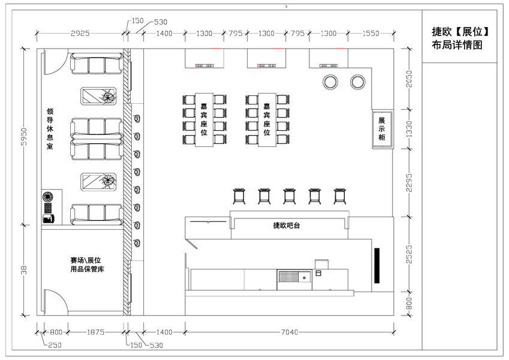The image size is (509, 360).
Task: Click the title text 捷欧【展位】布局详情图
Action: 460,38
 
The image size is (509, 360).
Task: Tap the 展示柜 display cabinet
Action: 382,130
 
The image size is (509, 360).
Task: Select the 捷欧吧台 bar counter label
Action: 287,225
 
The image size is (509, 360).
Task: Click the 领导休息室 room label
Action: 50,128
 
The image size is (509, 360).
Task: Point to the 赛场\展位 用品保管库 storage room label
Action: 87,265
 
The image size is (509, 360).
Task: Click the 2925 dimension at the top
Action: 80,33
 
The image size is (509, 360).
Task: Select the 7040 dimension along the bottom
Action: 289,332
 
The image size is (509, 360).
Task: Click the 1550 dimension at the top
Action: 371,33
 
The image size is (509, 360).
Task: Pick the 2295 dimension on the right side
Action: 409,182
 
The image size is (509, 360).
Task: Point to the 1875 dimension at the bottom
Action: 95,332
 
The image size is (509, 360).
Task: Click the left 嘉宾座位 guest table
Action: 204,119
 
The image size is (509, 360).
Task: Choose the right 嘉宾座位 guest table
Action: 267,119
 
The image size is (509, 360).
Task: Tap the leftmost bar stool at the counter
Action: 239,196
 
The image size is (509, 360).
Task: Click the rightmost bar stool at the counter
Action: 340,196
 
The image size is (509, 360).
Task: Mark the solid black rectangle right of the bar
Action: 377,265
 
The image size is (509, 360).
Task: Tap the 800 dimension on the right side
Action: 409,304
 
